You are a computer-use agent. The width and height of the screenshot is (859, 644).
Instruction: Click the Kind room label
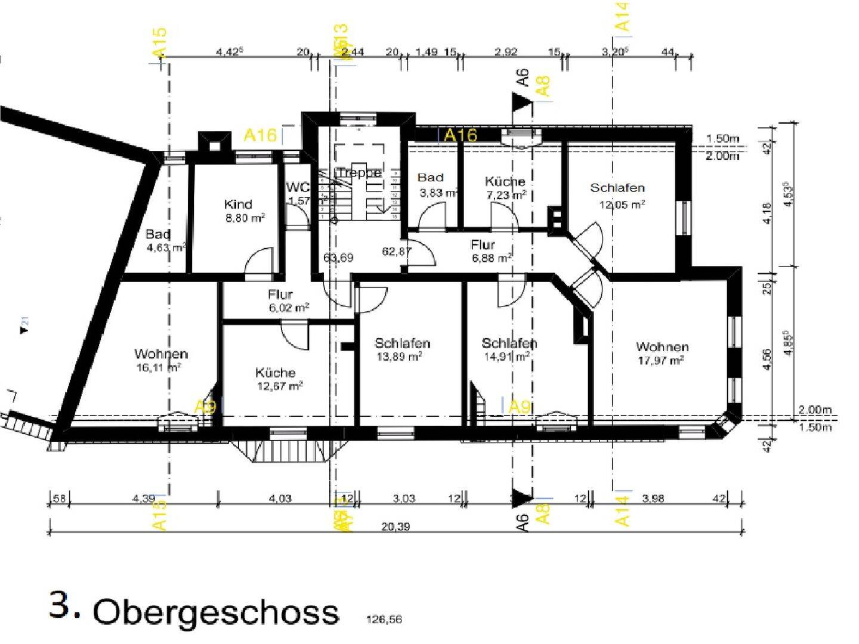point(238,205)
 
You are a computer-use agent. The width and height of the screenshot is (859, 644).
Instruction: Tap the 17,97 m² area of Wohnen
point(660,361)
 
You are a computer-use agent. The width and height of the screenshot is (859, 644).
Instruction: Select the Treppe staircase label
point(359,173)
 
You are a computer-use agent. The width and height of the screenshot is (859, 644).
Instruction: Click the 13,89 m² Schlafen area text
point(399,357)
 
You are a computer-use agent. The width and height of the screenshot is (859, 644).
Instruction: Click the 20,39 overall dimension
point(395,527)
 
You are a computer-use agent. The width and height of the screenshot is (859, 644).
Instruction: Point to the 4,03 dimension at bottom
point(280,499)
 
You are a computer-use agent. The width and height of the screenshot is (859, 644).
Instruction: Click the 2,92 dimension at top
point(506,52)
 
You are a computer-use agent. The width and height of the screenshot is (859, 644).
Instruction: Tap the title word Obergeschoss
point(216,612)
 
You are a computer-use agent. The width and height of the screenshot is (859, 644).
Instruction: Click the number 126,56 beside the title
point(384,620)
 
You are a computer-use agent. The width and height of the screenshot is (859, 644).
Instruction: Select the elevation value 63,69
point(338,258)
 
